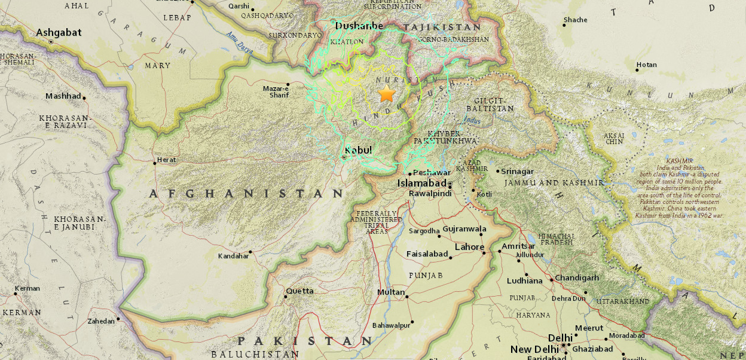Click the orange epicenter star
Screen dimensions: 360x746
click(387, 94)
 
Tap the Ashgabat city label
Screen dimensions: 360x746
click(59, 32)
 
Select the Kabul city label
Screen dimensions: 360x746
click(359, 150)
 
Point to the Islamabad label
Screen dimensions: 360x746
click(422, 183)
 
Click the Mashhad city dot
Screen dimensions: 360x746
click(84, 97)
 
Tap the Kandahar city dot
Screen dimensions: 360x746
click(250, 252)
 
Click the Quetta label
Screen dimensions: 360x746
click(299, 291)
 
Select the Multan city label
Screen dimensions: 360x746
click(391, 292)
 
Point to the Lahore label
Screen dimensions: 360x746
click(469, 247)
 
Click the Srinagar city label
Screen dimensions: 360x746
click(517, 172)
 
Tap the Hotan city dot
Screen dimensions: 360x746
click(637, 70)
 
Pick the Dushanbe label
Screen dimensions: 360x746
click(359, 26)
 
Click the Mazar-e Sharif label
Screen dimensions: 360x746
click(276, 91)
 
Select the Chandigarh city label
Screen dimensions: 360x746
click(577, 278)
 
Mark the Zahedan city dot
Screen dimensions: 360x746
click(118, 319)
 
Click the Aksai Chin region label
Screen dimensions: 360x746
click(613, 138)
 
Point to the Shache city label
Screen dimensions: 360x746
click(576, 20)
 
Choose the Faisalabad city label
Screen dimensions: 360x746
click(427, 254)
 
